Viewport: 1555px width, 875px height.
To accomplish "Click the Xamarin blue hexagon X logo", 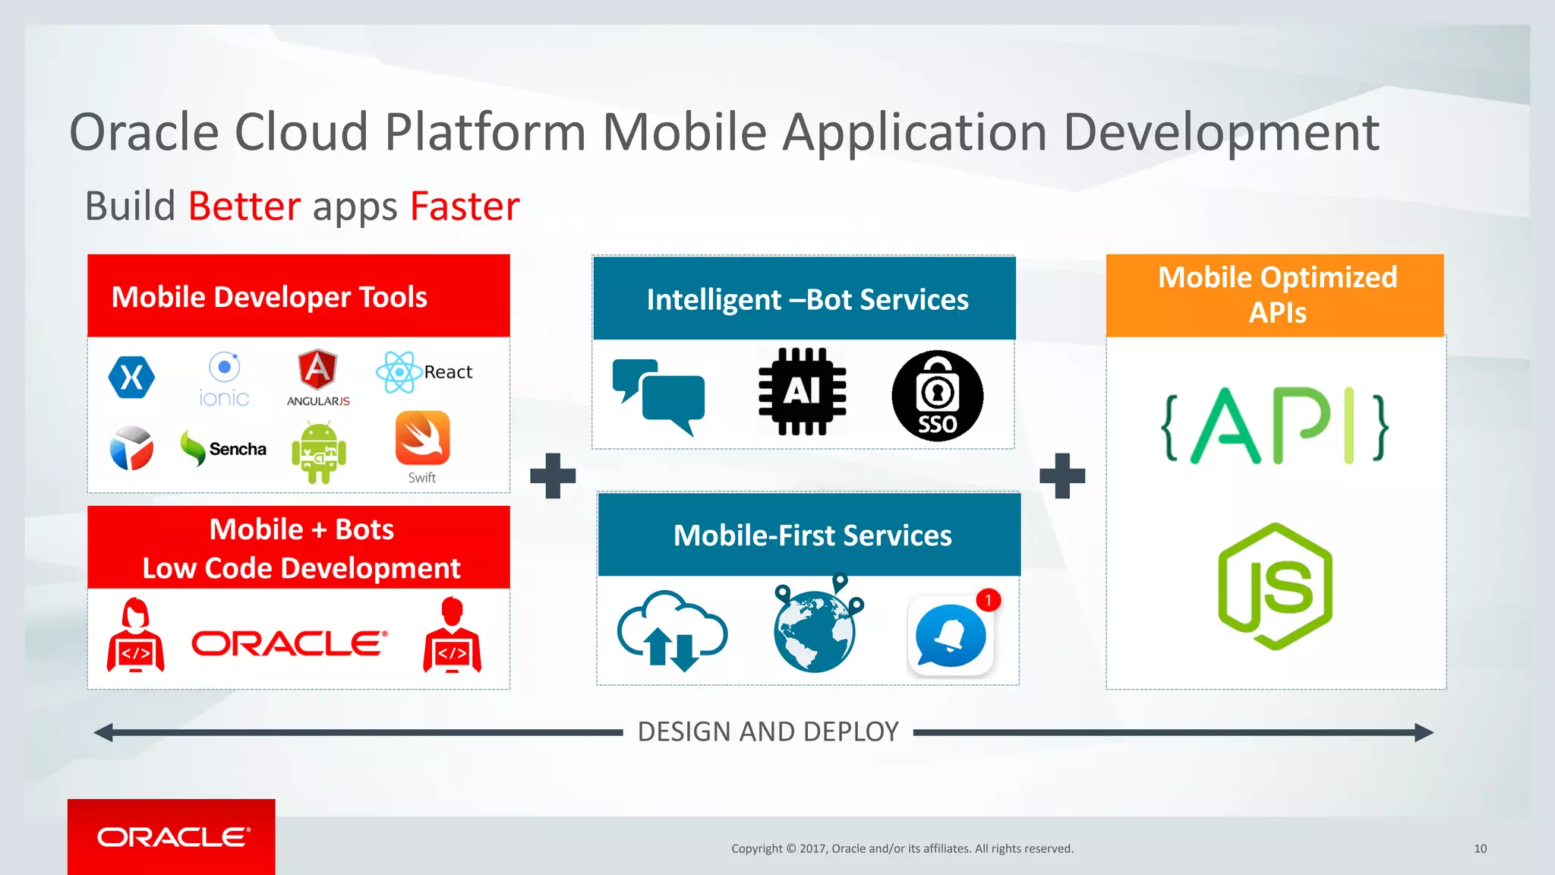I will (x=131, y=377).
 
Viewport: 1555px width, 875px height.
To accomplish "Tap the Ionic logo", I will (x=224, y=379).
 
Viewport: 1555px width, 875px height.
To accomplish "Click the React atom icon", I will (x=399, y=372).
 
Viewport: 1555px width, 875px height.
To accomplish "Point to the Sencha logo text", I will (x=237, y=449).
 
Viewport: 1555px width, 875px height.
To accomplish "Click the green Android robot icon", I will (x=319, y=453).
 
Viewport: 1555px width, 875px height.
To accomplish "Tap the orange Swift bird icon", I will (x=422, y=438).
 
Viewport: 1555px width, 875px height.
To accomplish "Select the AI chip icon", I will (x=802, y=392).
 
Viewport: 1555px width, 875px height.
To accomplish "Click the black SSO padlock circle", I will (x=937, y=396).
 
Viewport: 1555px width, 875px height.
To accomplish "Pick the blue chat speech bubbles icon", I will (x=659, y=396).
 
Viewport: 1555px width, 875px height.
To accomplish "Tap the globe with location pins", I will (x=816, y=627).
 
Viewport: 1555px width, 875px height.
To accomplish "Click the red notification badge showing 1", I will (x=988, y=600).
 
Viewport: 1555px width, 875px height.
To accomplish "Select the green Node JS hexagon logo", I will (x=1275, y=586).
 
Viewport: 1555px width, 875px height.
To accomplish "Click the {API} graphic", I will (x=1275, y=426).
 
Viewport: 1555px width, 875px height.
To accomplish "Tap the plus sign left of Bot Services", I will (x=553, y=475).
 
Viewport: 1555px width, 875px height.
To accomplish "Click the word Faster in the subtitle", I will (x=465, y=207).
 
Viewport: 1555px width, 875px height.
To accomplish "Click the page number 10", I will (x=1480, y=848).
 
